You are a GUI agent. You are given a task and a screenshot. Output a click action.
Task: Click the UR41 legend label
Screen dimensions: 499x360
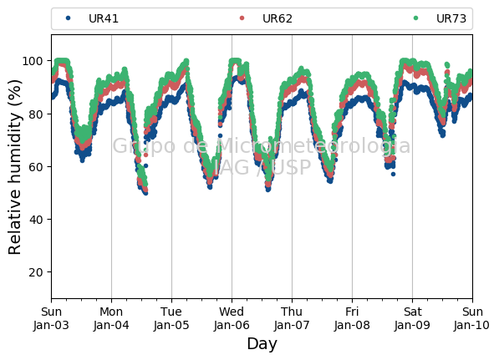(x=104, y=18)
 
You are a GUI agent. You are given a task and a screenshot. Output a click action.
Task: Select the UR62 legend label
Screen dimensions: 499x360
(x=278, y=18)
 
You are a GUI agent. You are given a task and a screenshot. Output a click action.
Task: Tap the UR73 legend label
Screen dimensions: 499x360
(x=451, y=18)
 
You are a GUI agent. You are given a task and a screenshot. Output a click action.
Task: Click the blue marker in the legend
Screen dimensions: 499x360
(x=68, y=18)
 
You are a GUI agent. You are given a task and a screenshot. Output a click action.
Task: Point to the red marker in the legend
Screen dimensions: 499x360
(x=242, y=18)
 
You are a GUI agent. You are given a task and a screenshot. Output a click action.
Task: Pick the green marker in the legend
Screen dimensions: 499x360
(x=415, y=18)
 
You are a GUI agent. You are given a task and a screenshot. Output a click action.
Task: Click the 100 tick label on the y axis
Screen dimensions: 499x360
(x=32, y=61)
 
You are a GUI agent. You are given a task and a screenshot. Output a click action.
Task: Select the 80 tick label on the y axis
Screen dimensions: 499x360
(x=36, y=114)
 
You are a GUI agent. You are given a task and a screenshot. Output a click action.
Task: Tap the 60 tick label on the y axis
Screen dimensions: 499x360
(x=36, y=167)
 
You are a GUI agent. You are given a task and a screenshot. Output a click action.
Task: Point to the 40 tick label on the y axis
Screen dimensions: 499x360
(x=36, y=220)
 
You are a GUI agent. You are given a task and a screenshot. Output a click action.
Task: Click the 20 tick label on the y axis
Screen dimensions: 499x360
(x=36, y=272)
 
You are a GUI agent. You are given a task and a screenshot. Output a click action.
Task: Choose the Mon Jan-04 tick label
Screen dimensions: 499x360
(x=111, y=318)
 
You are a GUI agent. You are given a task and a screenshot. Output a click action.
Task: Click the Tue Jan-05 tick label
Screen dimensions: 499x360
(x=171, y=318)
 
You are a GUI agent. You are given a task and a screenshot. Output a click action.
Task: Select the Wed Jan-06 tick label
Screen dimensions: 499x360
(x=232, y=318)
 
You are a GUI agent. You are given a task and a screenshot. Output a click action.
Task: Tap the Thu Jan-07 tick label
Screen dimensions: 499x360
(x=292, y=318)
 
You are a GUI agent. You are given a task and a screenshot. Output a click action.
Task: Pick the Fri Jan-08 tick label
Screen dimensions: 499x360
(x=352, y=318)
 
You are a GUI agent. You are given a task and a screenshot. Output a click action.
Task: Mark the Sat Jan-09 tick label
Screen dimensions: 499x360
(x=412, y=318)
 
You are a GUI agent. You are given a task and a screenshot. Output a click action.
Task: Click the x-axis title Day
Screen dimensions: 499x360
(x=262, y=344)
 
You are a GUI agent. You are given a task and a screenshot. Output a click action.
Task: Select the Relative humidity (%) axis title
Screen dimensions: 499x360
(x=14, y=167)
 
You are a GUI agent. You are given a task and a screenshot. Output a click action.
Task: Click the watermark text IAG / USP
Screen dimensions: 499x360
(x=262, y=167)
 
